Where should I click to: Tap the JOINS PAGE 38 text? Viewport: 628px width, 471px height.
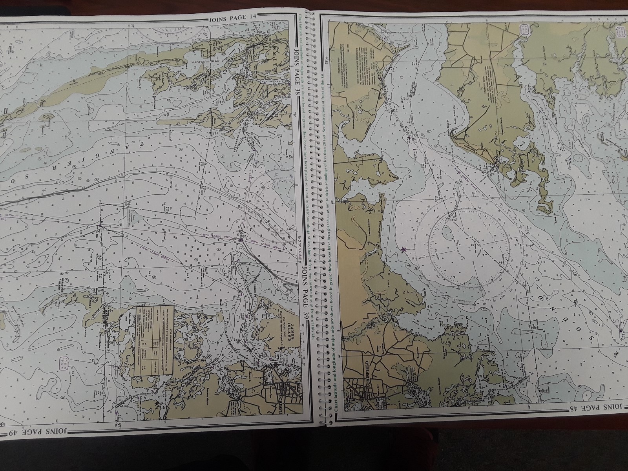297,75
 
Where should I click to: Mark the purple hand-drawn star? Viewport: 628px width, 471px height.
403,249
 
